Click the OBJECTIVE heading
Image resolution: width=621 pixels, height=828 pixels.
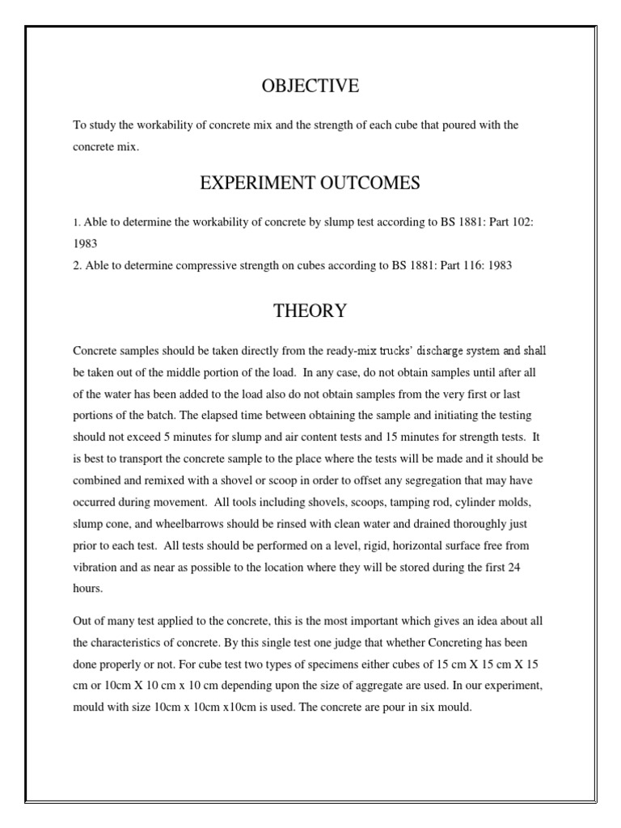pos(310,86)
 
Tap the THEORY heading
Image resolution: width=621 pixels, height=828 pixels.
pos(310,310)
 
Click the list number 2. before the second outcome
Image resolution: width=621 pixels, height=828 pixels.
pos(78,264)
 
